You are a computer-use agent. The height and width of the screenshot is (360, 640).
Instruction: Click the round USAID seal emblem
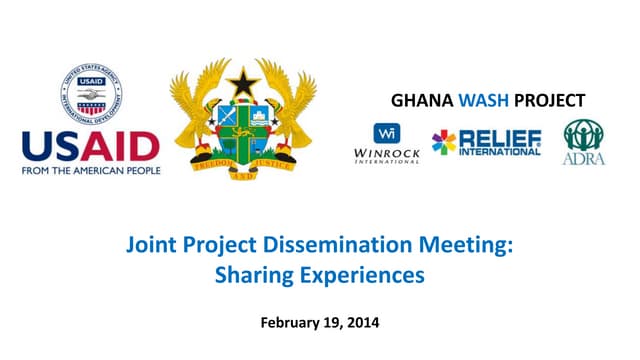point(91,97)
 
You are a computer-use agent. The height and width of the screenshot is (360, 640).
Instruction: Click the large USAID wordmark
point(91,147)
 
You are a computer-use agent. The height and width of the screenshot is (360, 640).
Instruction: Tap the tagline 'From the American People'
point(91,170)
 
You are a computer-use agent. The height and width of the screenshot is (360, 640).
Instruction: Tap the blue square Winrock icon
point(387,132)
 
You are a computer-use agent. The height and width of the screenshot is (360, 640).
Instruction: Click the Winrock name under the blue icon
point(387,153)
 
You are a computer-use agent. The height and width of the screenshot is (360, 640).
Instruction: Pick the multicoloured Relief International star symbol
point(443,142)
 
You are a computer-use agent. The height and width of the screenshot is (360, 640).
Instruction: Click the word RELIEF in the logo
point(500,138)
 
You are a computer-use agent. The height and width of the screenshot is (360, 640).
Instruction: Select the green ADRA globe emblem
point(583,135)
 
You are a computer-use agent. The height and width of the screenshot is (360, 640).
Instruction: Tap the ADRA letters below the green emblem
point(583,159)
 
